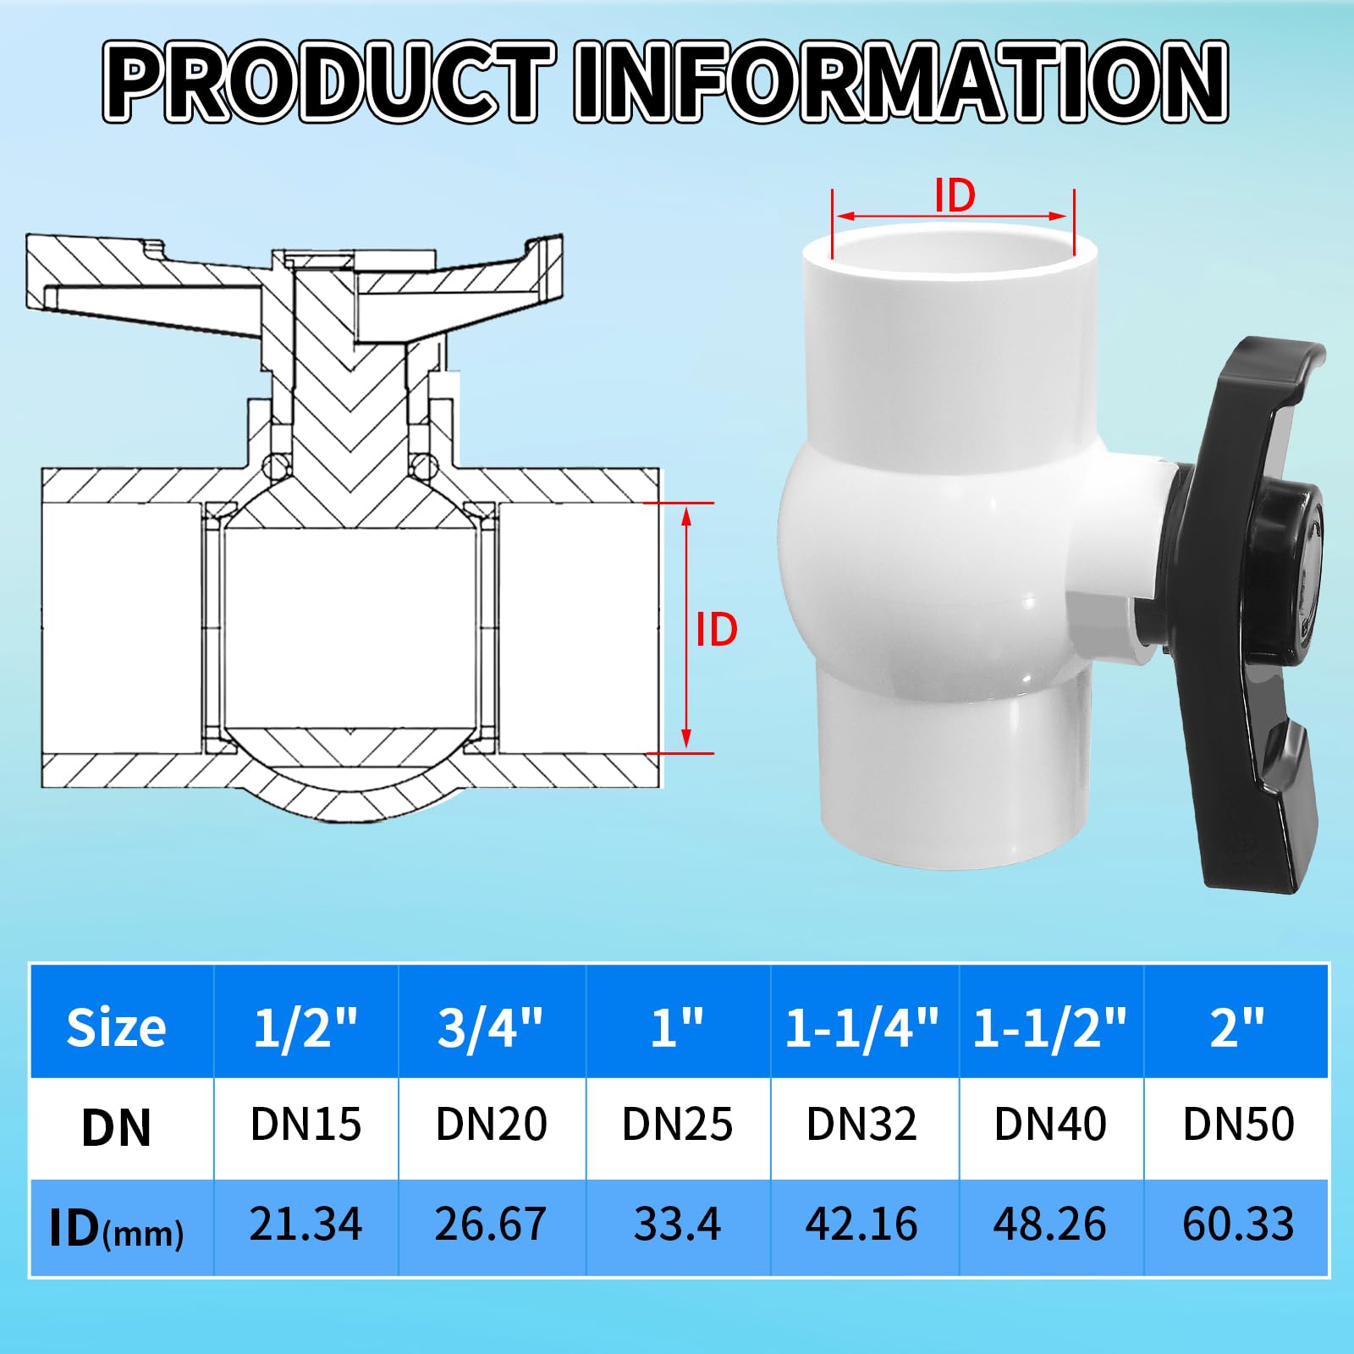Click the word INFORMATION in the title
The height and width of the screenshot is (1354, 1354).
[x=901, y=82]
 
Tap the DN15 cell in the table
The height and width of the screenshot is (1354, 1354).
[x=305, y=1125]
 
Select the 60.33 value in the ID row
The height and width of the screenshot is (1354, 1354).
[x=1238, y=1225]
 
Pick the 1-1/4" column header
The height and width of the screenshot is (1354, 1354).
[x=862, y=1027]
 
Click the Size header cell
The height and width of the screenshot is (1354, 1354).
[x=117, y=1027]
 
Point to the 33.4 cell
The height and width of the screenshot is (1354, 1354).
[x=677, y=1225]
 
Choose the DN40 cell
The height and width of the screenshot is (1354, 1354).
[x=1050, y=1125]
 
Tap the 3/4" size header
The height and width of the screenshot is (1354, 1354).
[x=491, y=1027]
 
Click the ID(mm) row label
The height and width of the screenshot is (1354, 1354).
[x=117, y=1229]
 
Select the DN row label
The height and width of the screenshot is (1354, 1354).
[x=117, y=1127]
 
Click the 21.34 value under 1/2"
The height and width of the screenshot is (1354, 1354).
[x=305, y=1225]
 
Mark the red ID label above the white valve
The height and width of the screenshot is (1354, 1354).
[x=955, y=196]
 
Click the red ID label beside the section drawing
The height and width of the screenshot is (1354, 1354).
[x=716, y=630]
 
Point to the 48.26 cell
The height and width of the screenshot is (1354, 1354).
[x=1050, y=1225]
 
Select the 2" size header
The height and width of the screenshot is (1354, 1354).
[x=1237, y=1027]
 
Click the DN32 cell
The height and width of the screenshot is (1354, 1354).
[x=862, y=1125]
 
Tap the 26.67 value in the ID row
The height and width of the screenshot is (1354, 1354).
[x=491, y=1225]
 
